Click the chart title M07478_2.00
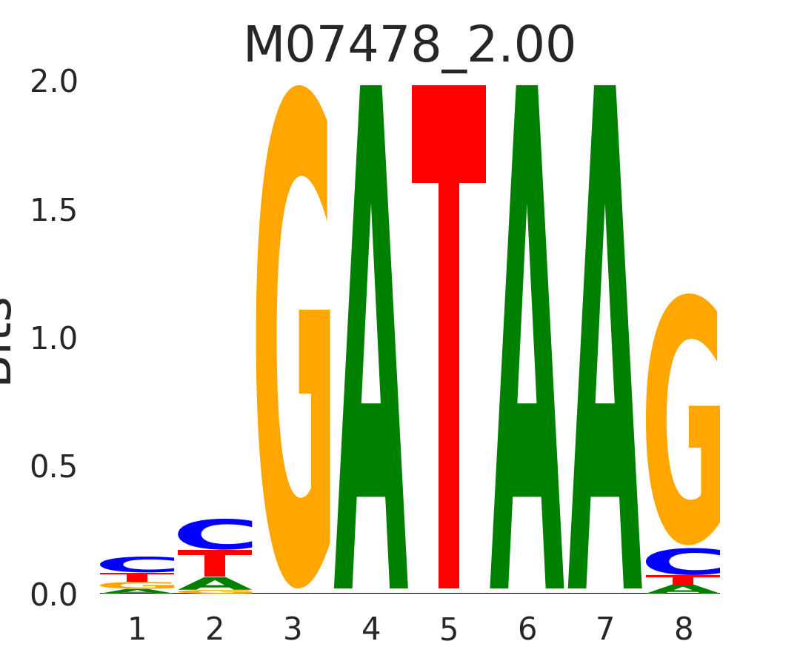(x=409, y=46)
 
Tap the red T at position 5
(x=449, y=337)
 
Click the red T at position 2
(x=215, y=563)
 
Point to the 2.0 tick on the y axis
(x=54, y=82)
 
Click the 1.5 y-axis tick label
(x=54, y=211)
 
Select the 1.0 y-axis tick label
(x=54, y=339)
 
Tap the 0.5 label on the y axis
(x=54, y=468)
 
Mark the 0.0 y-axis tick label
(x=54, y=595)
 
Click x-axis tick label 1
(x=137, y=630)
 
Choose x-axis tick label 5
(x=449, y=630)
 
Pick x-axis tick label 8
(x=683, y=630)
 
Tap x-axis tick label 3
(x=293, y=630)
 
